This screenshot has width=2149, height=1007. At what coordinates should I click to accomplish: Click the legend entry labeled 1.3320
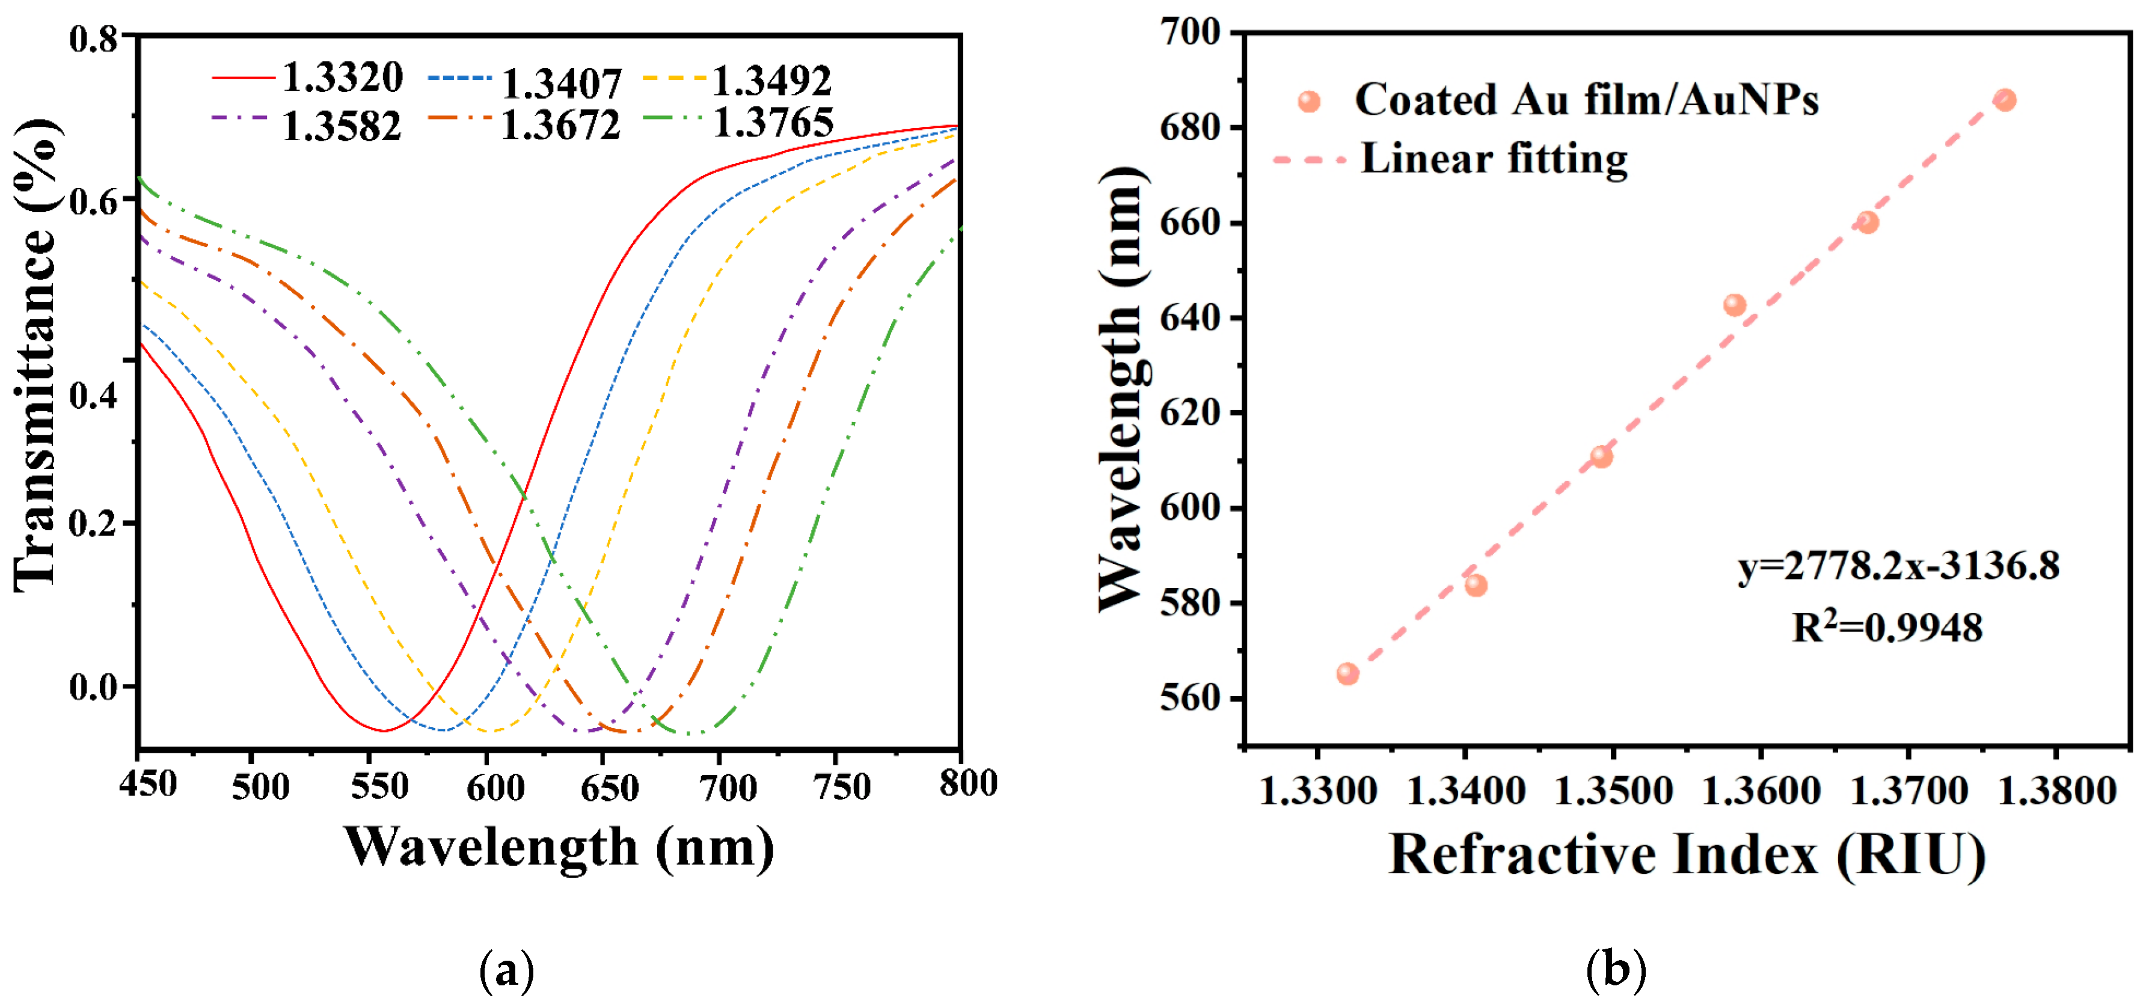pos(342,78)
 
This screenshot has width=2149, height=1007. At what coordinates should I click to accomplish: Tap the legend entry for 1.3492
pos(771,81)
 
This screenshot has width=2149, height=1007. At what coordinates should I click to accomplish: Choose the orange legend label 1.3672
pos(560,125)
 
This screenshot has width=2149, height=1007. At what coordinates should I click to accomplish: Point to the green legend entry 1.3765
pos(773,123)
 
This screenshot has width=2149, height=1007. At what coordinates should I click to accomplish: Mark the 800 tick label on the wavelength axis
pos(967,783)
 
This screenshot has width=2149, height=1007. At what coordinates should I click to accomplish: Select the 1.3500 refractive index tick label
pos(1613,790)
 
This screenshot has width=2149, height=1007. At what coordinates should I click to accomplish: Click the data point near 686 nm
pos(2005,100)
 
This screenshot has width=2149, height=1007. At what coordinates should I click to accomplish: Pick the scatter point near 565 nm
pos(1347,673)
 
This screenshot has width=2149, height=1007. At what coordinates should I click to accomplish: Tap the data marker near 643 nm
pos(1734,305)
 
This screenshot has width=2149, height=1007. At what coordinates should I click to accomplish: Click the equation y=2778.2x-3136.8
pos(1898,566)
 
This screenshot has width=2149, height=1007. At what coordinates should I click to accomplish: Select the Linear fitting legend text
pos(1493,159)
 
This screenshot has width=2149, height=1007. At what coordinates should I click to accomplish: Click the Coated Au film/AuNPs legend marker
pos(1309,102)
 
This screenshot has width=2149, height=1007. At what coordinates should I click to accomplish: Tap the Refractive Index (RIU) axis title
pos(1686,854)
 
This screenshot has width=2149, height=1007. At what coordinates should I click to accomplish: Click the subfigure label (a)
pos(506,970)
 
